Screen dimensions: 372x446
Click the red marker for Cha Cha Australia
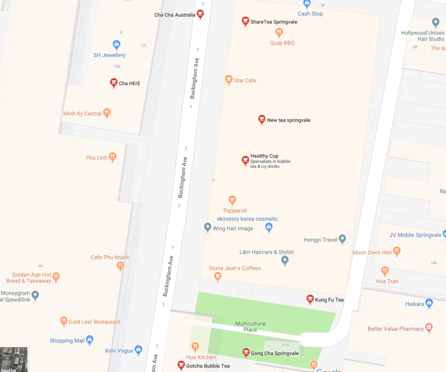(200, 14)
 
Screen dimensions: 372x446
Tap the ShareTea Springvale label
(273, 22)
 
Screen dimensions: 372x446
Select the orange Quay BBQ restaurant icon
(279, 32)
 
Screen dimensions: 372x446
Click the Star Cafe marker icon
(228, 79)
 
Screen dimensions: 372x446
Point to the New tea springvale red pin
(261, 119)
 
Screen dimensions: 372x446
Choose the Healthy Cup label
(264, 156)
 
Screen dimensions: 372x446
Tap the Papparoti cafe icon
(232, 200)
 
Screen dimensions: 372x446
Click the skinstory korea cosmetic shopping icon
(269, 227)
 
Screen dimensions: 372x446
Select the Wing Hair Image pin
(208, 227)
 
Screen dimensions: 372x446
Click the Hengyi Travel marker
(342, 239)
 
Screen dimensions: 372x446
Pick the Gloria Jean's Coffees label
(235, 268)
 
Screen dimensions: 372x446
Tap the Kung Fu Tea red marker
(310, 299)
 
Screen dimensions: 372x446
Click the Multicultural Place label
(250, 327)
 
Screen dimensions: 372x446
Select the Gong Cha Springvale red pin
(246, 352)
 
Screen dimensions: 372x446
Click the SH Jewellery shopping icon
(116, 44)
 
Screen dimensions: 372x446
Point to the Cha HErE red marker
(114, 83)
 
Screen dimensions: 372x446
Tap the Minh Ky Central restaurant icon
(107, 113)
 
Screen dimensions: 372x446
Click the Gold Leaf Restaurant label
(94, 322)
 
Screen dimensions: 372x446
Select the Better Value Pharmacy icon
(429, 328)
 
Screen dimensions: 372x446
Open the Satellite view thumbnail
(14, 359)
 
